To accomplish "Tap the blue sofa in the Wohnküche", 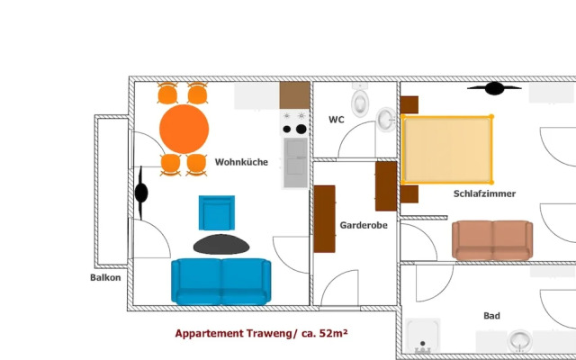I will point(220,281).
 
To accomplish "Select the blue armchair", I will point(216,213).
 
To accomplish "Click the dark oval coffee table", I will point(221,243).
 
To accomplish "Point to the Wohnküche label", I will point(241,162).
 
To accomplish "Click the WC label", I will point(337,120).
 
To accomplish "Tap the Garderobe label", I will point(364,225).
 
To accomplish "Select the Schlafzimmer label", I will point(484,193).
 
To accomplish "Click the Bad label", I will point(491,316).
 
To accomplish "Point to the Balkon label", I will point(105,277).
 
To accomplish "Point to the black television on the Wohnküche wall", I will point(141,192).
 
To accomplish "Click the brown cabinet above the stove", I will point(295,94).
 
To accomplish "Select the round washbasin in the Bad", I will point(521,341).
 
